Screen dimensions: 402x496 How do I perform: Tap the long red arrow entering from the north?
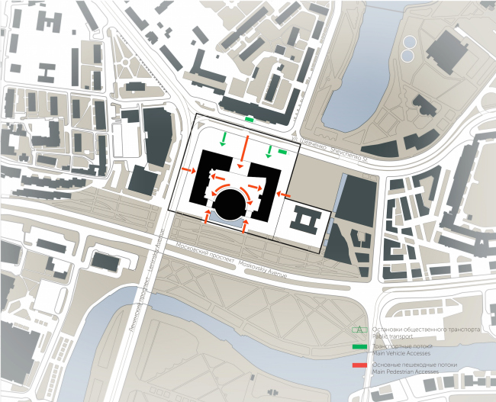[x=244, y=144]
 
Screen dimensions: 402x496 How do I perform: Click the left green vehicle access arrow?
[x=223, y=139]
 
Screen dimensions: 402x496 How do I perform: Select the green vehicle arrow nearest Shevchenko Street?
[x=269, y=150]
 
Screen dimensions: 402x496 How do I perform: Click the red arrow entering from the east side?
[x=284, y=195]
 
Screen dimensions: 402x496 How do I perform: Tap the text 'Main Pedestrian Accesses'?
[x=407, y=373]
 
